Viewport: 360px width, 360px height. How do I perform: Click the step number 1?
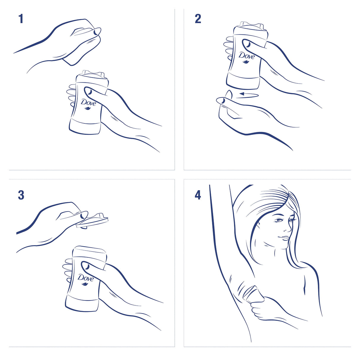tap(21, 19)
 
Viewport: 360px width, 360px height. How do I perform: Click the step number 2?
tap(198, 19)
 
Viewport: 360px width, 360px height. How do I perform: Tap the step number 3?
tap(21, 195)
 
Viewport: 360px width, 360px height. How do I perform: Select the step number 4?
tap(198, 195)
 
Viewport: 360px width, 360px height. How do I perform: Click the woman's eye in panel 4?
tap(279, 220)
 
